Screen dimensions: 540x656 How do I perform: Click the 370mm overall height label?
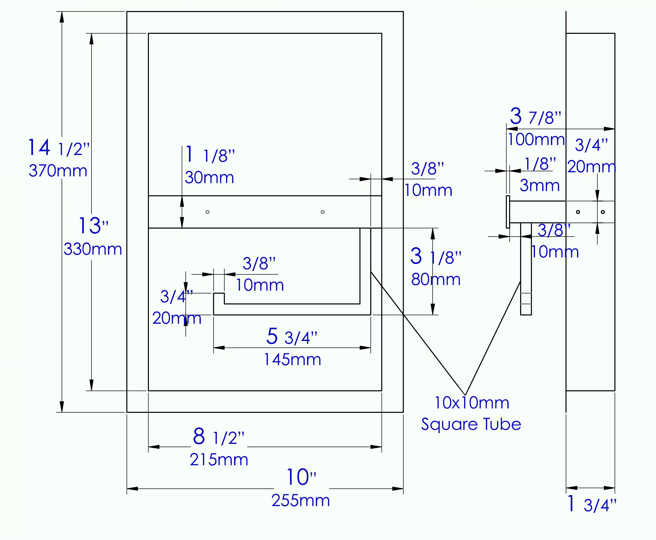58,171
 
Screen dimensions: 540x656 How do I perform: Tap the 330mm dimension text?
92,249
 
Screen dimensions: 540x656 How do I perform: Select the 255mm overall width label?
300,500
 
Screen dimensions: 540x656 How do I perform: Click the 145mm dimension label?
292,359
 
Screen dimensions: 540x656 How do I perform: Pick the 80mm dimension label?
435,279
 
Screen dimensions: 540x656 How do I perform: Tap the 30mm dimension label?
209,177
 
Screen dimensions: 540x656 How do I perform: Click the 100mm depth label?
536,139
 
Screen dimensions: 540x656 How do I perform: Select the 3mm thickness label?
539,186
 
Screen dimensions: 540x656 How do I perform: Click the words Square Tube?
471,424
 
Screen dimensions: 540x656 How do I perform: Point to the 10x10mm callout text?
472,403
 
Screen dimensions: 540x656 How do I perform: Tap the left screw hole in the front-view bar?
208,212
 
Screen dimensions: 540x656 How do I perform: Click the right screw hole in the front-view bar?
322,212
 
